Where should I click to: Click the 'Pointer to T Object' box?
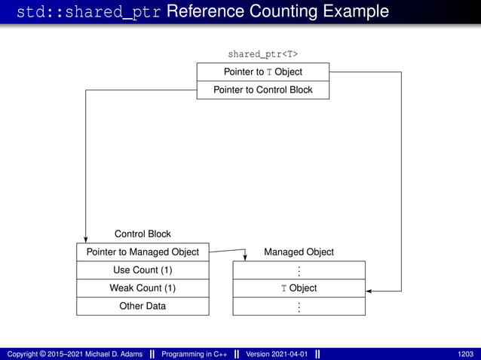click(262, 72)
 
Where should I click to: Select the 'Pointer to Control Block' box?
click(262, 90)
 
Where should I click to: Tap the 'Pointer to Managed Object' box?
click(142, 252)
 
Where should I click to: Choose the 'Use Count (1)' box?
click(142, 270)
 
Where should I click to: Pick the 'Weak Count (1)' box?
click(142, 288)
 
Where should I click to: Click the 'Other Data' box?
click(142, 307)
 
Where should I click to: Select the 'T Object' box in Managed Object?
click(299, 288)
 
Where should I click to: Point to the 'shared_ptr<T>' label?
click(262, 54)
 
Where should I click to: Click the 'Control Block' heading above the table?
click(142, 234)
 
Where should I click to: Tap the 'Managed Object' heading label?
click(299, 252)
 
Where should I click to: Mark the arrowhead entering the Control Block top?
click(86, 239)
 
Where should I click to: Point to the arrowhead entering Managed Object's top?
click(244, 257)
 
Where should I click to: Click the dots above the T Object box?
click(299, 270)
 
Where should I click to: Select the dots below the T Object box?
click(299, 307)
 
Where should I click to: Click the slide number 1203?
click(465, 354)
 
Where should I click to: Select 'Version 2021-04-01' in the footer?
click(277, 354)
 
